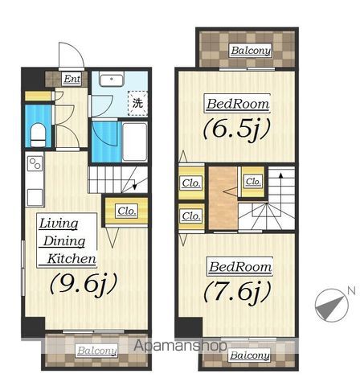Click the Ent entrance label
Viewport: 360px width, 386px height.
72,79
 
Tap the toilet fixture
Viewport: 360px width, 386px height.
38,135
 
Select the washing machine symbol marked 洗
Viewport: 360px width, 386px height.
137,103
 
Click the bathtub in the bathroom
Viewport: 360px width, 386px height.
135,142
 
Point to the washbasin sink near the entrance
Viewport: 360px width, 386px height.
112,79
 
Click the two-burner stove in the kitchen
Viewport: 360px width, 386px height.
35,163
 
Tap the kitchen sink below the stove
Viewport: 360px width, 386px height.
35,197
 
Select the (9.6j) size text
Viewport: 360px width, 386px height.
84,285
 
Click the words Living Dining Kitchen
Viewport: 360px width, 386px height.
67,240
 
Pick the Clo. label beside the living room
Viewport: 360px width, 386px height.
127,211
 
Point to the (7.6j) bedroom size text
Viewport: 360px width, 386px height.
237,294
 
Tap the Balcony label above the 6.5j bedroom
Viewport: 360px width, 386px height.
251,51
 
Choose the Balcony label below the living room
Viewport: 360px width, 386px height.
97,351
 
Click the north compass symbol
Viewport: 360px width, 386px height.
332,306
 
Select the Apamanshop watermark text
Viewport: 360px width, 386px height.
180,345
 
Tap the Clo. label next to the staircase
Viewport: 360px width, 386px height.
253,182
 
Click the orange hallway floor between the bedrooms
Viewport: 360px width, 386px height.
223,199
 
